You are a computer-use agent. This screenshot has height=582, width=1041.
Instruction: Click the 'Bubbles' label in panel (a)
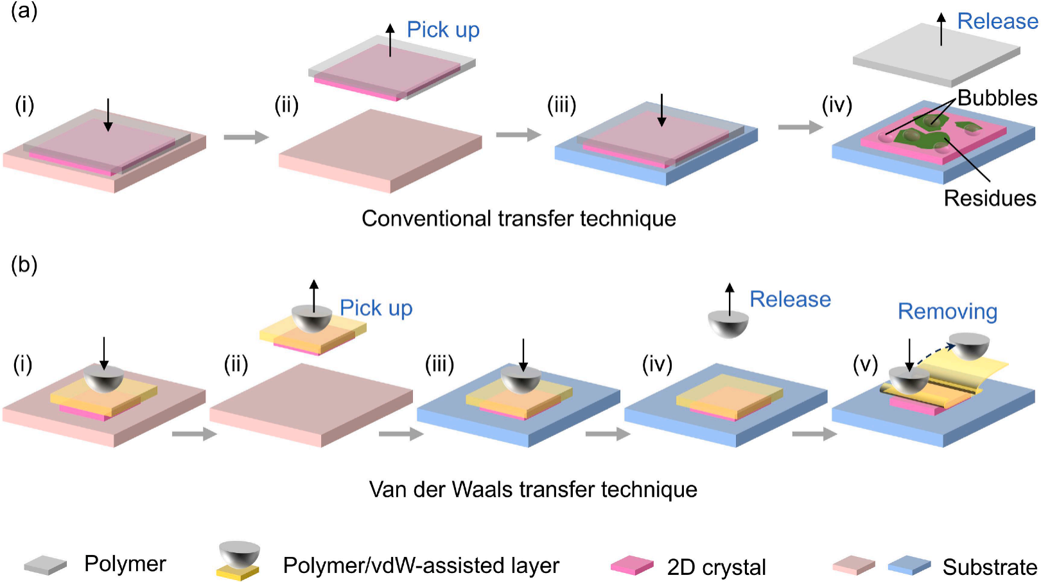tap(997, 98)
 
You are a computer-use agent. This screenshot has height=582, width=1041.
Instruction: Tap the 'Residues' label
tap(989, 198)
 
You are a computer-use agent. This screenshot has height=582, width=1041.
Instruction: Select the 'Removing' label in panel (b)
tap(947, 312)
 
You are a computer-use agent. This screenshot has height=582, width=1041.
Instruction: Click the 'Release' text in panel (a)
tap(997, 21)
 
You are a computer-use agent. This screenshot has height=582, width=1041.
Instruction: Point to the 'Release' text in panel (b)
tap(790, 299)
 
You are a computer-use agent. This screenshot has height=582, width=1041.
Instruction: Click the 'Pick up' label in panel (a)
tap(443, 30)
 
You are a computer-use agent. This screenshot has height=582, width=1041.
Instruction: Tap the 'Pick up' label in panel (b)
tap(376, 308)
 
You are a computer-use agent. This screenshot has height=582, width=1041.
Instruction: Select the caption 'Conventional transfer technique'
tap(518, 218)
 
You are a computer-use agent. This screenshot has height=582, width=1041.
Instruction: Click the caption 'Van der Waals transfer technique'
tap(533, 489)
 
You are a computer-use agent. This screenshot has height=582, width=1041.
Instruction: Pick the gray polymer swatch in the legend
tap(46, 565)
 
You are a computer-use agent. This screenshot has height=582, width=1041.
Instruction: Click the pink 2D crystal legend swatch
tap(632, 565)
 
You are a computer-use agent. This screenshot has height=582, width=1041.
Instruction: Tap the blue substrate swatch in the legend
tap(909, 565)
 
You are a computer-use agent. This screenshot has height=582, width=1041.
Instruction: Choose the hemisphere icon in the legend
tap(240, 553)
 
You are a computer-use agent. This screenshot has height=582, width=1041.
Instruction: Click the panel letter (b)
tap(24, 265)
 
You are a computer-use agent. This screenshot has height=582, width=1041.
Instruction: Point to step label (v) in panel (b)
tap(864, 364)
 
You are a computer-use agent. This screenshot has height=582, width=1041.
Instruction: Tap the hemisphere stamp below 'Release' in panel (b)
tap(728, 324)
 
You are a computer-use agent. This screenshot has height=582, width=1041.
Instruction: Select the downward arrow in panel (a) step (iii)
tap(661, 110)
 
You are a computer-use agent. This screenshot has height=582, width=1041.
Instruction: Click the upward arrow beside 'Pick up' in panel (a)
tap(390, 40)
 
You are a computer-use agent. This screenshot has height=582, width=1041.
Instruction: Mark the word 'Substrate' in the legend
tap(989, 567)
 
